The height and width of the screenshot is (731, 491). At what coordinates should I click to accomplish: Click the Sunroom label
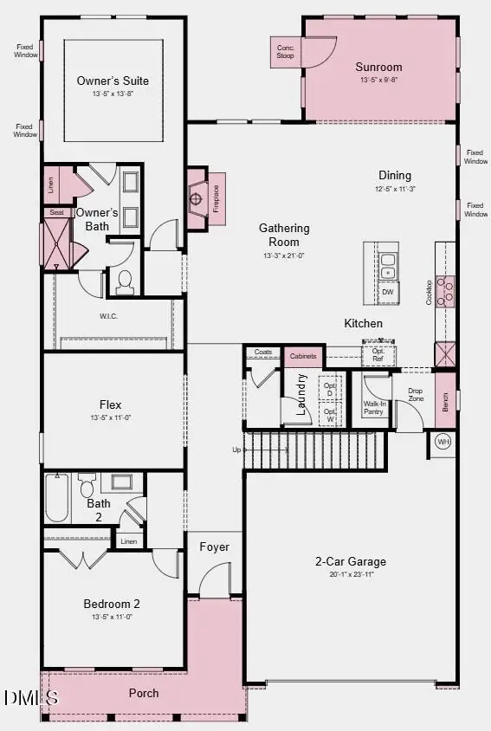coord(378,67)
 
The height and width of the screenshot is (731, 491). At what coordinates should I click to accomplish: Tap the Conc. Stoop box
coord(285,52)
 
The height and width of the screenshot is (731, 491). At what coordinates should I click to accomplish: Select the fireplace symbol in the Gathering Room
coord(197,199)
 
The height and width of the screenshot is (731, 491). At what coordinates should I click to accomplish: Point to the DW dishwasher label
coord(387,292)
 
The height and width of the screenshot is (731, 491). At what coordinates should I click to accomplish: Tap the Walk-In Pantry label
coord(374,408)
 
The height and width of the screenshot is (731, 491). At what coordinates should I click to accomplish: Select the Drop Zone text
coord(416,395)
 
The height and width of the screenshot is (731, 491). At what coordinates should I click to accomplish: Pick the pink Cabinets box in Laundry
coord(303,356)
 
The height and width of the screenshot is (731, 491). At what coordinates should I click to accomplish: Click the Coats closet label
coord(263,353)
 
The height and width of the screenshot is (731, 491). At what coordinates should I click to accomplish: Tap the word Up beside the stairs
coord(237,450)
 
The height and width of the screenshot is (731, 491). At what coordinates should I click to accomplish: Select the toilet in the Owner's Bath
coord(125,281)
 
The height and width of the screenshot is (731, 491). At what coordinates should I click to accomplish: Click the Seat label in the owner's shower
coord(56,212)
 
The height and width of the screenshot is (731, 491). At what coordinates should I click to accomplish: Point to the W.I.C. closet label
coord(109,315)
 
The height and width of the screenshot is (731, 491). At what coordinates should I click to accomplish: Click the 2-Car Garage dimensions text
coord(351,574)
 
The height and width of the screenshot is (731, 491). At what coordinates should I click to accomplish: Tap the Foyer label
coord(214,547)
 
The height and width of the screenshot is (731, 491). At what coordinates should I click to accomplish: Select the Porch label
coord(144,693)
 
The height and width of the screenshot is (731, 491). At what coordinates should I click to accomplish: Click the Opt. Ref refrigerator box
coord(378,354)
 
